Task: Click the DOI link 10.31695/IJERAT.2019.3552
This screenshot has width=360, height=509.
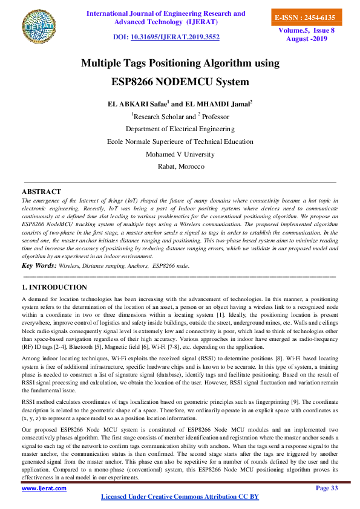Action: click(x=174, y=37)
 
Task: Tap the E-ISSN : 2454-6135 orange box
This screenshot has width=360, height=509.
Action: click(x=305, y=18)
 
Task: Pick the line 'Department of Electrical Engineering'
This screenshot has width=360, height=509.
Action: click(x=180, y=129)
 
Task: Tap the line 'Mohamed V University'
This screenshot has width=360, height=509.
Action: click(x=180, y=154)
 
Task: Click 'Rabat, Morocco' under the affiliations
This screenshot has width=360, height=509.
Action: click(x=180, y=166)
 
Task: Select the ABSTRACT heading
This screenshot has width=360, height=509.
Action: click(x=41, y=192)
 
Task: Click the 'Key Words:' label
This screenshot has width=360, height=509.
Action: click(x=39, y=265)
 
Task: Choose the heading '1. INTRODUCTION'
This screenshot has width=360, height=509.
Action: click(x=54, y=287)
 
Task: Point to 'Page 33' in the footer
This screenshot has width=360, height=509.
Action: click(x=327, y=488)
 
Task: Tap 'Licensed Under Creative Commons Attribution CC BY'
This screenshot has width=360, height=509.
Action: click(x=180, y=496)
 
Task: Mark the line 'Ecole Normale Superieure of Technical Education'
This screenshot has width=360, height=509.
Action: click(x=180, y=141)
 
